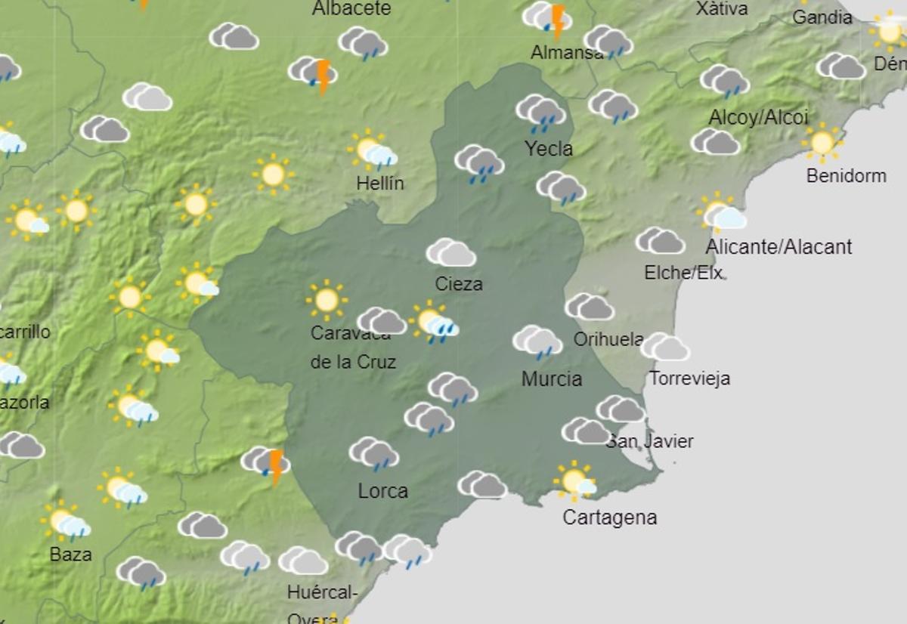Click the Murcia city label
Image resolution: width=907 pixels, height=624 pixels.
[552, 378]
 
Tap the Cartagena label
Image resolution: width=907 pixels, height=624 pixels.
[609, 517]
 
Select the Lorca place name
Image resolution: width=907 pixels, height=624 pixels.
[382, 491]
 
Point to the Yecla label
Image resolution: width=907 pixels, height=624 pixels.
[549, 149]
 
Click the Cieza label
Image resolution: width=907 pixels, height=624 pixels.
[459, 284]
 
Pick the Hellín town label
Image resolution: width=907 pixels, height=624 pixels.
[381, 184]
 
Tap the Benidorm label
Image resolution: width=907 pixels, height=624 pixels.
[846, 176]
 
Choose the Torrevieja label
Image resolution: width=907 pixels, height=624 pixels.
[689, 378]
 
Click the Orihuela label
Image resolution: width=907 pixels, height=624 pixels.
[608, 339]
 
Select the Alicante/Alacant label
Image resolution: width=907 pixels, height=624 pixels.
[779, 247]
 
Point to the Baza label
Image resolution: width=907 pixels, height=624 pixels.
[71, 554]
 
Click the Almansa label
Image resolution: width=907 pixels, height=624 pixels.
[567, 53]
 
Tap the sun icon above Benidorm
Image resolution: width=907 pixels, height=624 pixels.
[822, 142]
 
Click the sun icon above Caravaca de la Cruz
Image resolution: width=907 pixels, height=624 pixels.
[327, 300]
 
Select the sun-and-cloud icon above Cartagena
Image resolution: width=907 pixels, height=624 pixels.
[575, 480]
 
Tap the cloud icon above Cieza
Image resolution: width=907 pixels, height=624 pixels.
[451, 252]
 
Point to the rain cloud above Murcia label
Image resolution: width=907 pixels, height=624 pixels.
[537, 341]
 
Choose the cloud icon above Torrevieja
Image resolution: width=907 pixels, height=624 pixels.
[665, 347]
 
